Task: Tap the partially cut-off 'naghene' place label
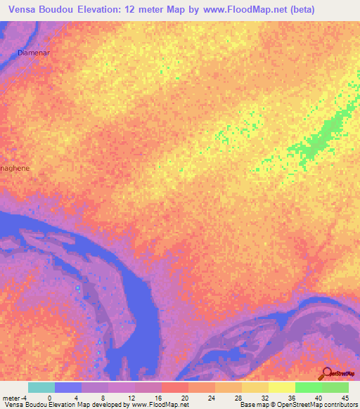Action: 15,169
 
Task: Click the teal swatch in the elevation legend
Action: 41,387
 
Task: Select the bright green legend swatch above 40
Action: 309,387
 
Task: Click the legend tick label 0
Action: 49,397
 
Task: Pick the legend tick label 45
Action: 345,397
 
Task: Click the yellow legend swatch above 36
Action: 282,387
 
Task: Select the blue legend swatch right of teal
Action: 68,387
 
